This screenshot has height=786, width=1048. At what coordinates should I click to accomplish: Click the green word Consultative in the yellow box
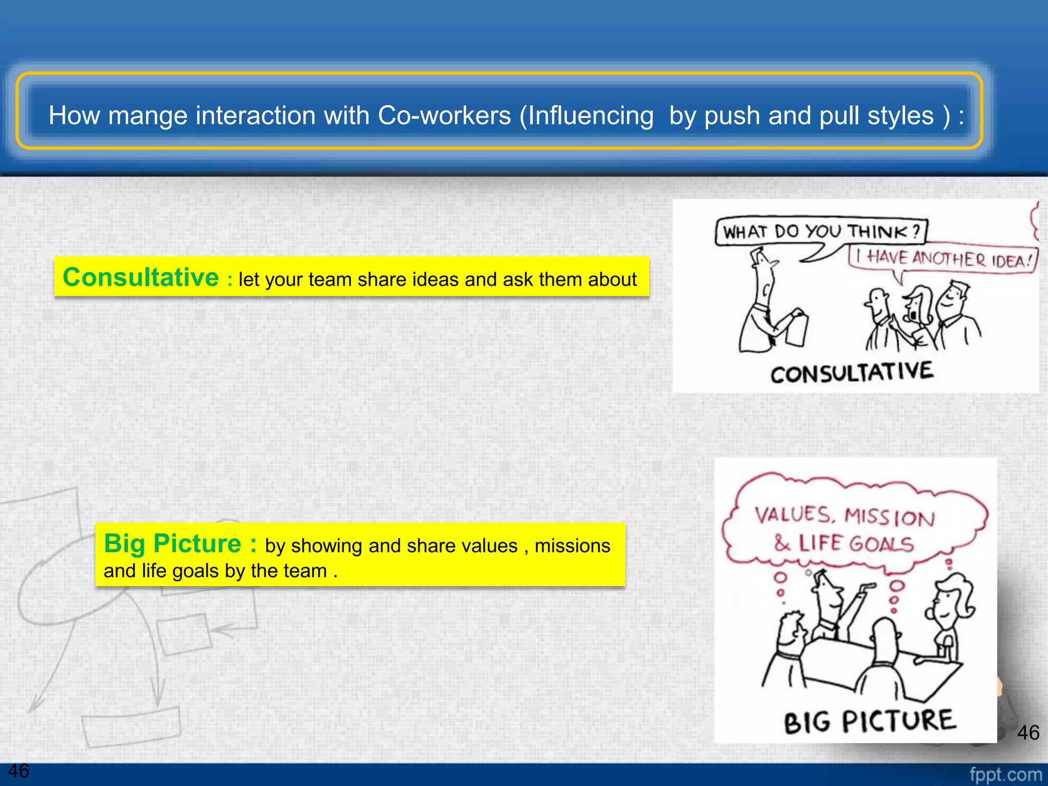(x=141, y=277)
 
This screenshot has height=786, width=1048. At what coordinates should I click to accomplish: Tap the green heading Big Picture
(x=172, y=543)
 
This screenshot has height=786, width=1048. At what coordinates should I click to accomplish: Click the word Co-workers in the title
(x=444, y=116)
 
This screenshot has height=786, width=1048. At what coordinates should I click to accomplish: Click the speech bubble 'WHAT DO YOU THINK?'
(x=821, y=232)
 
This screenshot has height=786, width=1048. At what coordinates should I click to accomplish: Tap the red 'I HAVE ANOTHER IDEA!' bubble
(x=945, y=259)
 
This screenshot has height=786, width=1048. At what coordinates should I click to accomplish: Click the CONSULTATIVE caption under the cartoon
(x=852, y=373)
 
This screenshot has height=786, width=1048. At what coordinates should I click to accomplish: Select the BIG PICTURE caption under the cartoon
(x=869, y=722)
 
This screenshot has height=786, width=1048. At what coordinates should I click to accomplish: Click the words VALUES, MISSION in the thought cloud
(x=844, y=516)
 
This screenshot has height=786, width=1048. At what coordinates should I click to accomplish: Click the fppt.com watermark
(x=1006, y=775)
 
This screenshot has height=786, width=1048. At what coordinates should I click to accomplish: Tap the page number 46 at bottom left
(x=18, y=771)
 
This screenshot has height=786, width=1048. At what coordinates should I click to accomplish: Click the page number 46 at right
(x=1028, y=733)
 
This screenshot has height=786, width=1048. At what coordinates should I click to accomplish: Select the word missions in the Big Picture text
(x=572, y=546)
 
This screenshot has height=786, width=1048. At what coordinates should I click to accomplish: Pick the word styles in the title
(x=900, y=116)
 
